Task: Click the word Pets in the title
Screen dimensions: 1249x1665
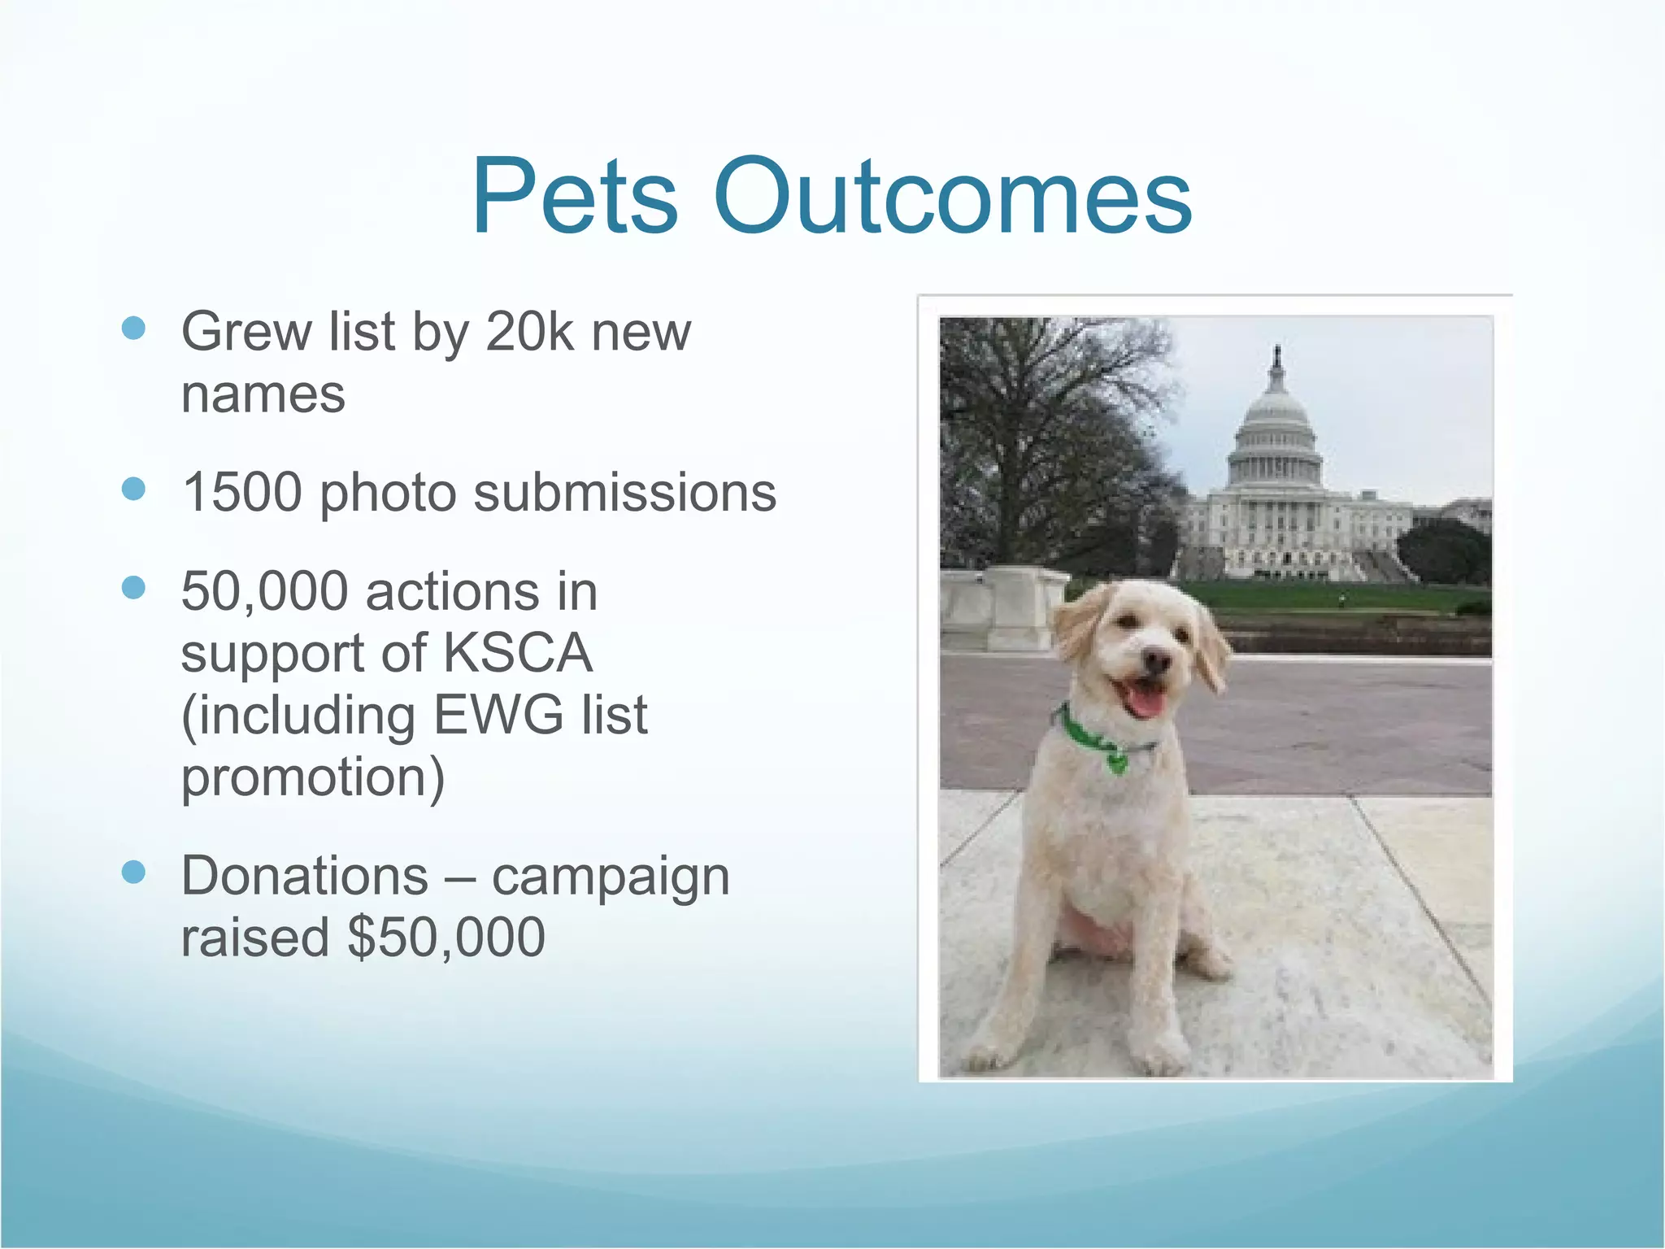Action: pyautogui.click(x=574, y=198)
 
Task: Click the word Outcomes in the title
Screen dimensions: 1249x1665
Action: pyautogui.click(x=952, y=198)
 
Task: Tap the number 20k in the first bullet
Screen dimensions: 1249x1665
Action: pyautogui.click(x=529, y=332)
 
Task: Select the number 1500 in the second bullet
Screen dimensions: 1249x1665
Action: pyautogui.click(x=242, y=493)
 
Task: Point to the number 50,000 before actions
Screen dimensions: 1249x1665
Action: pyautogui.click(x=264, y=591)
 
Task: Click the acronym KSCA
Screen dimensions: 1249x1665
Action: pyautogui.click(x=517, y=653)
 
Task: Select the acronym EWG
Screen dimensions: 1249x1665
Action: pyautogui.click(x=498, y=716)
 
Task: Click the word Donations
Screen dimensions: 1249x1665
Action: pyautogui.click(x=304, y=876)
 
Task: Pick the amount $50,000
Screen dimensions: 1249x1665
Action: pyautogui.click(x=446, y=938)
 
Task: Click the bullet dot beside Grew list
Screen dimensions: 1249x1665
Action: pyautogui.click(x=133, y=329)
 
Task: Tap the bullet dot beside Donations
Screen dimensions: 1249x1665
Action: pyautogui.click(x=133, y=873)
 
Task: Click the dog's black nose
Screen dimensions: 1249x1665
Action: pyautogui.click(x=1154, y=657)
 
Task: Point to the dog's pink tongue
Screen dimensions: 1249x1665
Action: pyautogui.click(x=1146, y=700)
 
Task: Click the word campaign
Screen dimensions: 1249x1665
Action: pyautogui.click(x=611, y=877)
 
